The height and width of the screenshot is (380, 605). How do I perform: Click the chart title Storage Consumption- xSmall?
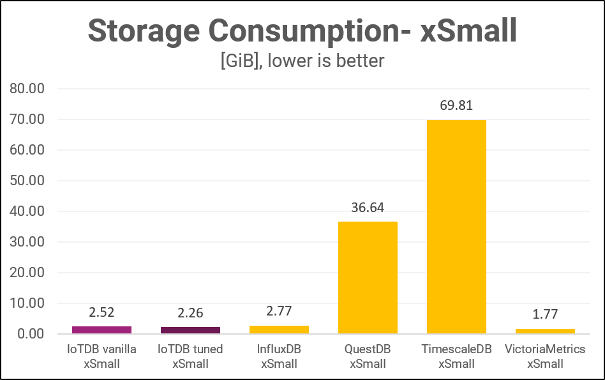point(302,30)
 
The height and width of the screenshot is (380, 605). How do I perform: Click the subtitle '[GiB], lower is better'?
point(302,61)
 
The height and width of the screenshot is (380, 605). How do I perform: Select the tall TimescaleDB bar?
point(456,227)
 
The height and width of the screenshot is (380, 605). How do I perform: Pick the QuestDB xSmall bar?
point(368,277)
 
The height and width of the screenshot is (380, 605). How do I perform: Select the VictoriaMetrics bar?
point(545,331)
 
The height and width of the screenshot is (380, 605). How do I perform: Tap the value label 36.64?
point(368,208)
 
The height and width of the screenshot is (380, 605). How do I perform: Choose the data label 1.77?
point(545,315)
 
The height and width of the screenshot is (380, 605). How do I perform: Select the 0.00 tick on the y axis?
point(31,334)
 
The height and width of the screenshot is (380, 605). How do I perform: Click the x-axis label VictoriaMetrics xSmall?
point(545,356)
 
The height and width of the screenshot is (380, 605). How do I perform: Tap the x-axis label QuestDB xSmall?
point(368,356)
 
